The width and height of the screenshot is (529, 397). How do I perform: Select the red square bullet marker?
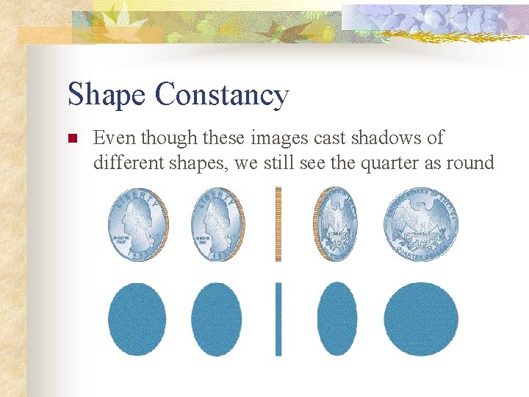click(72, 138)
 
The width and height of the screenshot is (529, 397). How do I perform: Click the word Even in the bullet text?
click(115, 137)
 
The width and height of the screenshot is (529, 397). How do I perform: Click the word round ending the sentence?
click(467, 162)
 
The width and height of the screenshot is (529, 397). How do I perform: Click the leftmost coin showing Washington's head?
click(137, 223)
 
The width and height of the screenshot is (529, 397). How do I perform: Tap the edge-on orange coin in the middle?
click(278, 223)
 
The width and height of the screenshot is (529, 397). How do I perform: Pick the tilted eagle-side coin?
click(337, 223)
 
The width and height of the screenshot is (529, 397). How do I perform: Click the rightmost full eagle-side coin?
click(421, 223)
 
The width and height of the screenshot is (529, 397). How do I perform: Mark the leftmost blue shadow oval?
click(137, 319)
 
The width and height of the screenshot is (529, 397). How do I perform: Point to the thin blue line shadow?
click(278, 319)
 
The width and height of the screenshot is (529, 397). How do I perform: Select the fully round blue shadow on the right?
click(421, 319)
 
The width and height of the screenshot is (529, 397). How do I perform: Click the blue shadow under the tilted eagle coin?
click(337, 319)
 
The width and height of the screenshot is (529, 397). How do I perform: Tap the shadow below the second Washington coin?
click(217, 319)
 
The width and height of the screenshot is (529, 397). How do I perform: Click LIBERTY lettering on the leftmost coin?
click(137, 197)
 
